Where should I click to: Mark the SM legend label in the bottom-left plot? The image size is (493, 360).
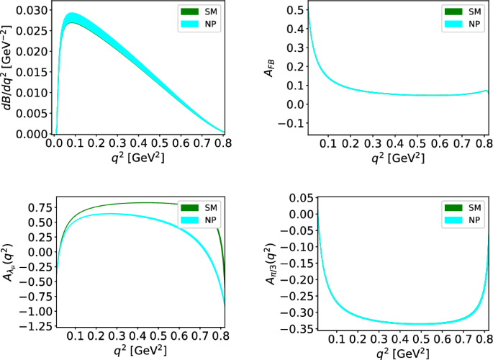[x=211, y=208]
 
